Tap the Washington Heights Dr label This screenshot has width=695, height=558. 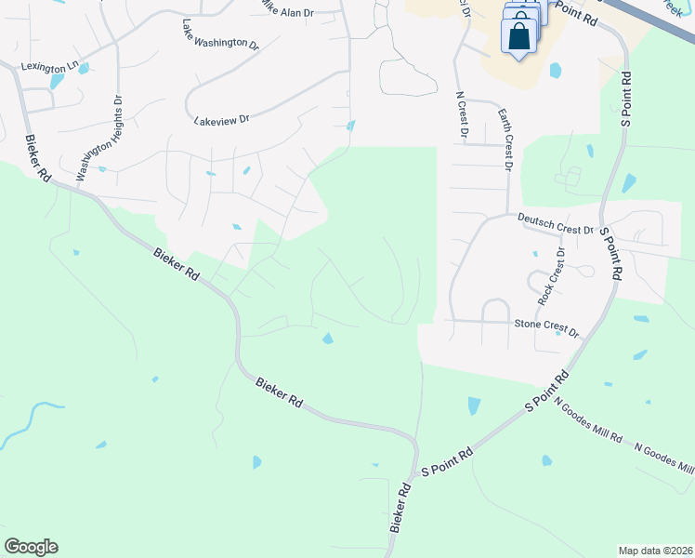tap(99, 137)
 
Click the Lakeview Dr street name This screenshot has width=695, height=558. tap(222, 120)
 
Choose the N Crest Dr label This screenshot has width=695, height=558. tap(462, 113)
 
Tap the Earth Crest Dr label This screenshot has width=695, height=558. tap(505, 139)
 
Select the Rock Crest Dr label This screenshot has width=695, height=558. tap(551, 276)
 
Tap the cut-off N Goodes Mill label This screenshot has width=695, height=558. tap(663, 457)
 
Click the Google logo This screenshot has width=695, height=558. tap(31, 547)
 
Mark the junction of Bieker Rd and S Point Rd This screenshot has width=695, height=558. tap(415, 463)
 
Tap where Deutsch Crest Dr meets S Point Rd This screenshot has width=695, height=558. tap(604, 232)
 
